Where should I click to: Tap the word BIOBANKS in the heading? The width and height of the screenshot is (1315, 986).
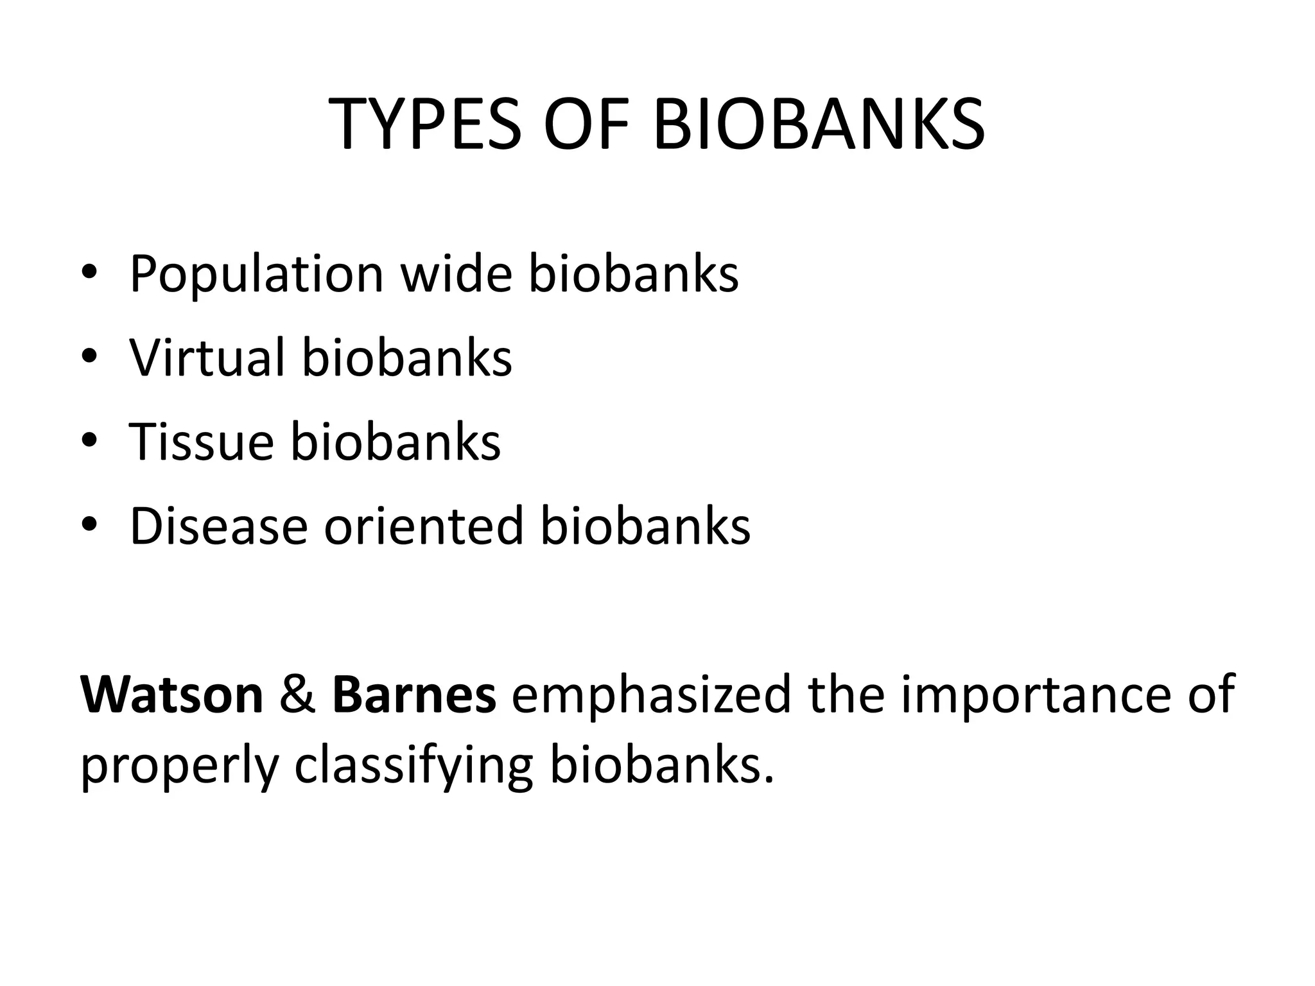819,125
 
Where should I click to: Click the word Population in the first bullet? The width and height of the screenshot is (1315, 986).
257,275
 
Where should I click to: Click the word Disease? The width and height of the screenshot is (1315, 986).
218,526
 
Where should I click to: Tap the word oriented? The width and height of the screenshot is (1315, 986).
424,526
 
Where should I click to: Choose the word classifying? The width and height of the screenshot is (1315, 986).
414,766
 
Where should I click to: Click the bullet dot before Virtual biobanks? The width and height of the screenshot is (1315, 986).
89,357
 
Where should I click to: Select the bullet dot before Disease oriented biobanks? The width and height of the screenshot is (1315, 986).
89,526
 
